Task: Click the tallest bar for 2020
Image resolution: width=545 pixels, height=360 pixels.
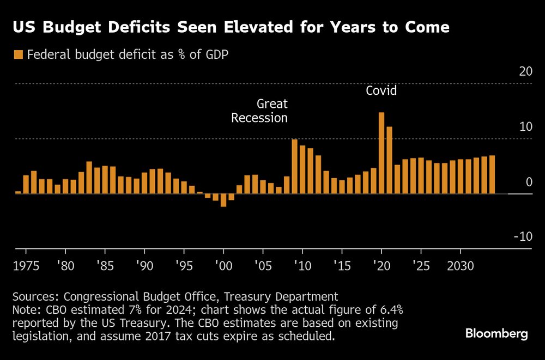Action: point(381,152)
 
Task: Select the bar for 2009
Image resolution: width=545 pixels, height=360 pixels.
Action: point(294,166)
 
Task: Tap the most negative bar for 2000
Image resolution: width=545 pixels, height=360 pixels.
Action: point(223,200)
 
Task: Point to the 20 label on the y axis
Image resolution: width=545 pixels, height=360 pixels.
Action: point(525,72)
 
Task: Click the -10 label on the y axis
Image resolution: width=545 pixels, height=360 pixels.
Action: point(523,236)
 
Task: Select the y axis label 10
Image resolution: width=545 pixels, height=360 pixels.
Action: point(525,127)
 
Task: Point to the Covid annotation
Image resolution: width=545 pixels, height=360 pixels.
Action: point(381,91)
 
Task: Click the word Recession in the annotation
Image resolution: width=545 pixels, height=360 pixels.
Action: point(259,118)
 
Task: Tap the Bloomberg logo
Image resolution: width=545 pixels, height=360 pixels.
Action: point(496,334)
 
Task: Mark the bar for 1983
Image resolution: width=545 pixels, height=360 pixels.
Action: point(89,177)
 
